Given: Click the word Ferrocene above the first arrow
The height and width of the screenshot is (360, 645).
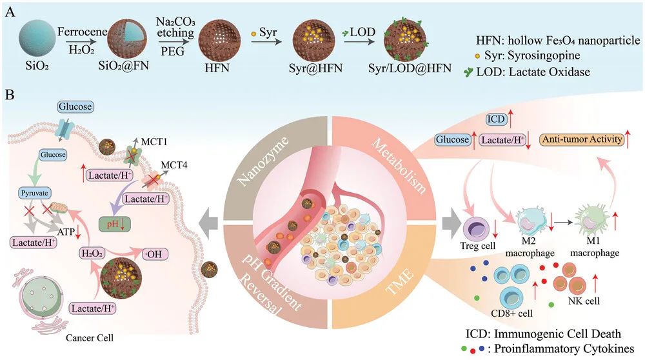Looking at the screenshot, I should point(80,30).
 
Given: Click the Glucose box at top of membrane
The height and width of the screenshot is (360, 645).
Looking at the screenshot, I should point(74,106).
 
